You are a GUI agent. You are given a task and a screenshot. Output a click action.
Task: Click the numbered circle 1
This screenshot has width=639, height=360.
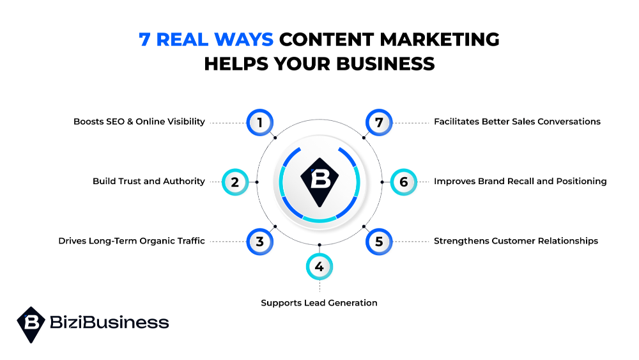point(260,122)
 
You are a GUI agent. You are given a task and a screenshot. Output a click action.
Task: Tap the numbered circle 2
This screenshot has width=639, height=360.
point(235,182)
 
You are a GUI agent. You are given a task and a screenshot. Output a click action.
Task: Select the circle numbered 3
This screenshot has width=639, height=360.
point(260,242)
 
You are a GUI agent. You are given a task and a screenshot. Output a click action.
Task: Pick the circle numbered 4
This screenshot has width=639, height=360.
point(319,267)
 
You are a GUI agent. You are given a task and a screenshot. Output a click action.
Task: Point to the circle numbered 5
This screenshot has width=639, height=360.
point(379,242)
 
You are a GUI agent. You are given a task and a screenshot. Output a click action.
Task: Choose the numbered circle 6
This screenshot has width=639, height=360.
point(403,182)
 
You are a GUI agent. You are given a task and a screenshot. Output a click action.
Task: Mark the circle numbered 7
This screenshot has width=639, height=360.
point(379,122)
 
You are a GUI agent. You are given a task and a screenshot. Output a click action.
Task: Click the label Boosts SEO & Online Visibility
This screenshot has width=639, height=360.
point(139,121)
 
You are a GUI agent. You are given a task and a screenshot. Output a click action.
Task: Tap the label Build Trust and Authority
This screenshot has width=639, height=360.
point(149,182)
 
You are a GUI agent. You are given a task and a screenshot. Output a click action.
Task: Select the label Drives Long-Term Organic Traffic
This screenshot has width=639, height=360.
point(132,241)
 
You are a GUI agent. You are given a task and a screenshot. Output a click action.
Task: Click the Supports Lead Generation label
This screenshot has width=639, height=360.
point(319,302)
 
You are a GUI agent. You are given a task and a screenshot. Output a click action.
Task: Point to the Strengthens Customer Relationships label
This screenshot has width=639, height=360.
point(516,241)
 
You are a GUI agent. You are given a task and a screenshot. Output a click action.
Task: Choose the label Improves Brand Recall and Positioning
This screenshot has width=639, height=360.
point(520,182)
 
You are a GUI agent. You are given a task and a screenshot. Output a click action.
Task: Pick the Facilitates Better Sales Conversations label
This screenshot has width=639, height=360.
point(517,121)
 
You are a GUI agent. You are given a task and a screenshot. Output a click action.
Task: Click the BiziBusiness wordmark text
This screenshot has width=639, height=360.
point(109,322)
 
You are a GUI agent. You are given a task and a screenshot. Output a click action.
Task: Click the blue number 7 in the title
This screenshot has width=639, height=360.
point(144,39)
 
